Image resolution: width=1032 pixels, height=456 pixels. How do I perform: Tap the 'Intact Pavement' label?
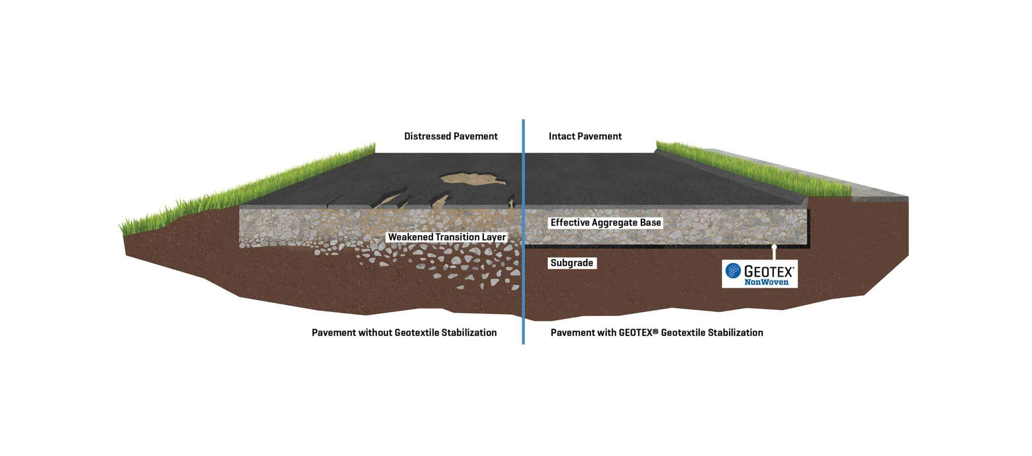585,136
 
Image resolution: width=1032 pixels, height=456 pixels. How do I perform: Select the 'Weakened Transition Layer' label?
447,237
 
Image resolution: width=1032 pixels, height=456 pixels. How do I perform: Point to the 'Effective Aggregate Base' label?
605,222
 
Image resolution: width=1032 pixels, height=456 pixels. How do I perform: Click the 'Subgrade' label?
572,263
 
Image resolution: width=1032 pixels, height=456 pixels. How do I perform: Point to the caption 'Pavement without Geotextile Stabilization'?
404,333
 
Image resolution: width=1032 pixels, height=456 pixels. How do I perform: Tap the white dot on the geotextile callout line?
774,246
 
